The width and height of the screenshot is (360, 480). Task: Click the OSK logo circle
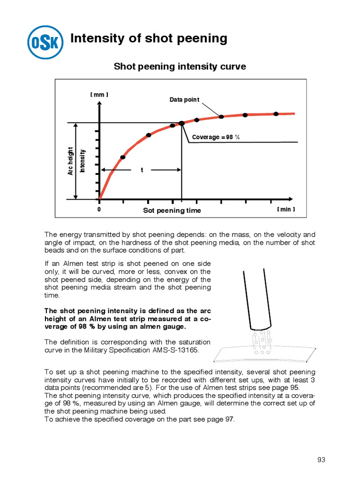pos(45,43)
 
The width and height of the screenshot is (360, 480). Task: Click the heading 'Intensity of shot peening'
pos(149,38)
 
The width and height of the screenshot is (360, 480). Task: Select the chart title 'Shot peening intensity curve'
pos(180,67)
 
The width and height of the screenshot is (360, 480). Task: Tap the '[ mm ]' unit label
pos(99,95)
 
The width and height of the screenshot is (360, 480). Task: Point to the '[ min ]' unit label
pos(285,209)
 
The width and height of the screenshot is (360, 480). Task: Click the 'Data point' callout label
pos(184,99)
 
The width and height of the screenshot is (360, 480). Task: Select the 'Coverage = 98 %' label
pos(216,137)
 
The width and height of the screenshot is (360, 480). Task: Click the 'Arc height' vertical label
pos(71,161)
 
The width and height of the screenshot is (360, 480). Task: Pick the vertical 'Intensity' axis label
pos(82,161)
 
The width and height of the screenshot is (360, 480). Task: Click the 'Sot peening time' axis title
pos(172,210)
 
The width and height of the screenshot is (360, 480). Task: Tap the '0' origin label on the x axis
pos(99,210)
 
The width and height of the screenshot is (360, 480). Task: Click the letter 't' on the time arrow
pos(142,170)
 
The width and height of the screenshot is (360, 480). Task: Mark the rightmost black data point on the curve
pos(276,114)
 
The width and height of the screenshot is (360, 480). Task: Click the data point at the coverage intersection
pos(182,123)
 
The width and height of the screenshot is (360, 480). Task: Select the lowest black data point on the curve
pos(123,157)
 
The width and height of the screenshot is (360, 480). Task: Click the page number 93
pos(321,459)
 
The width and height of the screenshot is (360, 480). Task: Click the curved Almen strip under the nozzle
pos(262,355)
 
